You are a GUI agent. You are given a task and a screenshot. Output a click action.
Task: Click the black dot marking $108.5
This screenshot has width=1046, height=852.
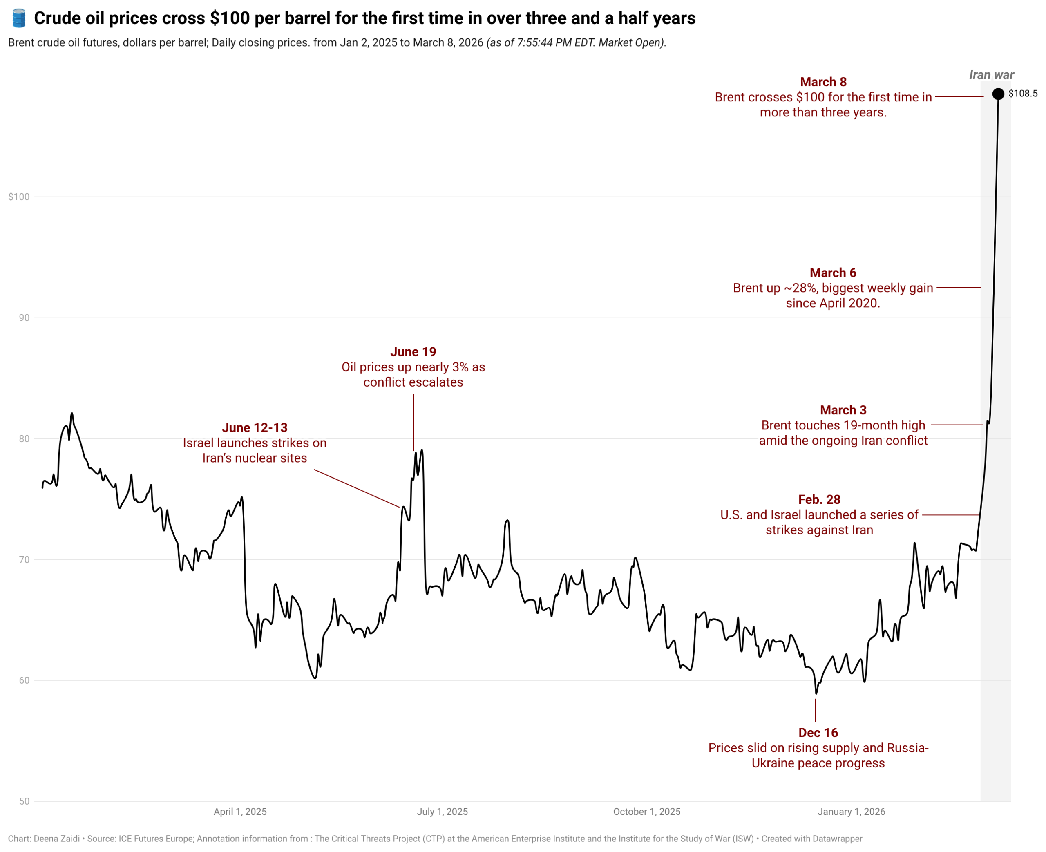point(998,94)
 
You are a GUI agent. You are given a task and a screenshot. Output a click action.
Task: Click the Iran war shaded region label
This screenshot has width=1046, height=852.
point(991,75)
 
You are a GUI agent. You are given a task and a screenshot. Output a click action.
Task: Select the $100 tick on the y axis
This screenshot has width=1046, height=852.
point(19,197)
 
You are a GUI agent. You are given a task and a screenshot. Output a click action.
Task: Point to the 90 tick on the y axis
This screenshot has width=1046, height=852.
point(24,318)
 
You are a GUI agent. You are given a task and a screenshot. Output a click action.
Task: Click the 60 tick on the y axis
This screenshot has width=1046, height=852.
point(24,680)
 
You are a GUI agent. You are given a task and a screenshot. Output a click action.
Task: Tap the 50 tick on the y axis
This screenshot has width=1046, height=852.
point(24,801)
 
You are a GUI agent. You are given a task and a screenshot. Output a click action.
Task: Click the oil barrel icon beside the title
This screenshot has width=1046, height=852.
point(19,18)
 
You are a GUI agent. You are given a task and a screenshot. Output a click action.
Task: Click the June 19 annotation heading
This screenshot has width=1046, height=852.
point(413,352)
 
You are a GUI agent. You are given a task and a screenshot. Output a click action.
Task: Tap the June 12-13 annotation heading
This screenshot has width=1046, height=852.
point(255,427)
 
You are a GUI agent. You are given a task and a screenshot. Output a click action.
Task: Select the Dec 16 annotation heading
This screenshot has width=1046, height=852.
point(818,733)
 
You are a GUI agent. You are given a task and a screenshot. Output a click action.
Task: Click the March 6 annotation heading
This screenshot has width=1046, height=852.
point(833,273)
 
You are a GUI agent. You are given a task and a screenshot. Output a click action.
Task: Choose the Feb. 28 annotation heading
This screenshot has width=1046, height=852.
point(819,500)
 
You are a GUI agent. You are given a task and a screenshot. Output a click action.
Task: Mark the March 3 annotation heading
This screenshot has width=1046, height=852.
point(843,410)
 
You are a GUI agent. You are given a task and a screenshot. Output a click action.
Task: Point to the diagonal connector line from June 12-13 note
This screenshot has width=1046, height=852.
point(357,488)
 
